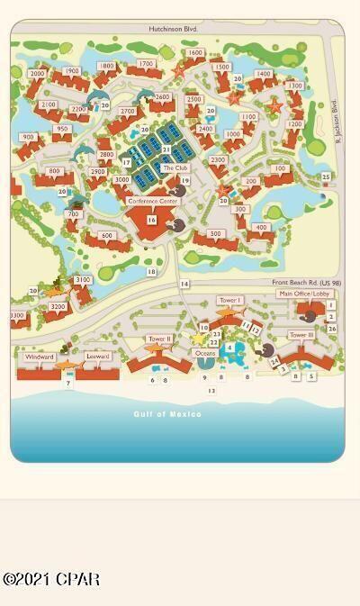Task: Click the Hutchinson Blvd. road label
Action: tap(172, 29)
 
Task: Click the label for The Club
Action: tap(175, 167)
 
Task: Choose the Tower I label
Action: tap(229, 300)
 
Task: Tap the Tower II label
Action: tap(159, 339)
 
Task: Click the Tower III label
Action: tap(301, 335)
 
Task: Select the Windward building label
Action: tap(40, 357)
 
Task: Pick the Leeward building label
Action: tap(97, 357)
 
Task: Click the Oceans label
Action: tap(205, 353)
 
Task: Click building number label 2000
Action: tap(37, 74)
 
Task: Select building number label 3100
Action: tap(83, 280)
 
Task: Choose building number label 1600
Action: tap(194, 53)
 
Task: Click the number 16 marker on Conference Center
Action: tap(151, 220)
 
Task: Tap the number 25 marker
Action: tap(326, 176)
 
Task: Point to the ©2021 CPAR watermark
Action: tap(51, 579)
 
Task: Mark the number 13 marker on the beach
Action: tap(211, 391)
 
